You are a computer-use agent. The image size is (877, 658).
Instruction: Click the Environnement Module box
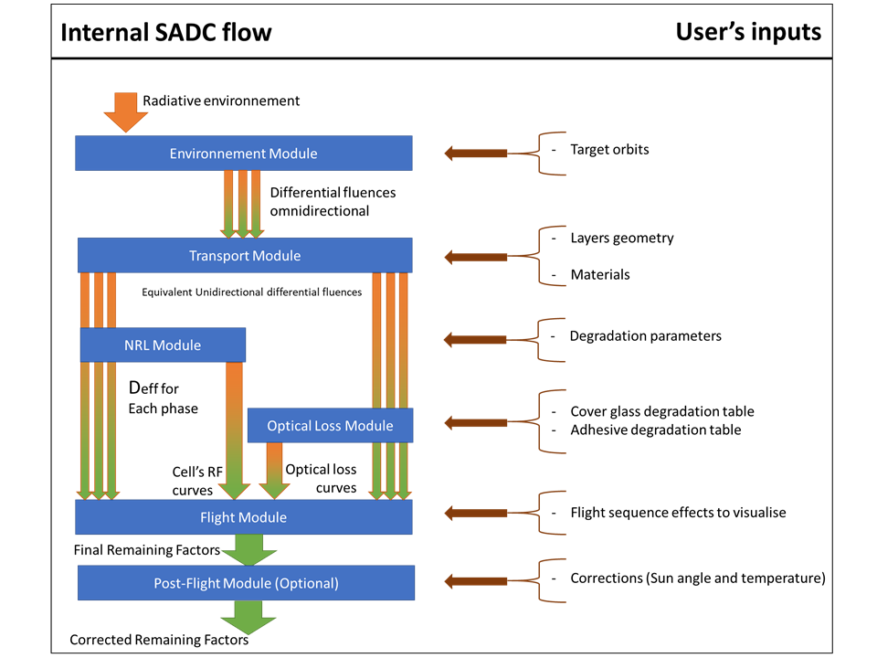(x=243, y=154)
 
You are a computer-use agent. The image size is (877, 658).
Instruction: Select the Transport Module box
(x=244, y=255)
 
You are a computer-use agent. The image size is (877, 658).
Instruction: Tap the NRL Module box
(x=163, y=345)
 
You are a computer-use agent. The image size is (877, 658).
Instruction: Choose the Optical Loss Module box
(x=330, y=425)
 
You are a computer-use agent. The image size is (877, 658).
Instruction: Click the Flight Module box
(x=243, y=517)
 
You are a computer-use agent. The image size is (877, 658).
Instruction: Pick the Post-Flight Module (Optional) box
(x=245, y=582)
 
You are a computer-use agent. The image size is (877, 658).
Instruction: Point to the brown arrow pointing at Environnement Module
(x=475, y=153)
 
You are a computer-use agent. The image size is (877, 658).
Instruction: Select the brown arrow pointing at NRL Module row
(x=475, y=340)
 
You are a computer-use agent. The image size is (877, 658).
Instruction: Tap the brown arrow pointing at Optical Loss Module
(x=475, y=422)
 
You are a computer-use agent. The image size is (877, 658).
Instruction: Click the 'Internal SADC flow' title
(x=165, y=33)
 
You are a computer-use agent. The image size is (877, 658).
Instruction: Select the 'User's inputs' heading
(x=747, y=32)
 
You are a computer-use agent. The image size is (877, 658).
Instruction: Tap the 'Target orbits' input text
(x=609, y=149)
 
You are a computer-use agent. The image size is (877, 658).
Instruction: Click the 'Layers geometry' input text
(x=621, y=238)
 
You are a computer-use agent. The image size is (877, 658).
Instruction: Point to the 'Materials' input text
(x=599, y=274)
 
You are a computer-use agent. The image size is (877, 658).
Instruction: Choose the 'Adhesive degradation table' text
(x=655, y=430)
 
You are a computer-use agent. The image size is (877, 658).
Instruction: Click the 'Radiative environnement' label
(x=221, y=101)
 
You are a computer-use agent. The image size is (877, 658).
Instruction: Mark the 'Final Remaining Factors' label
(x=147, y=550)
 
